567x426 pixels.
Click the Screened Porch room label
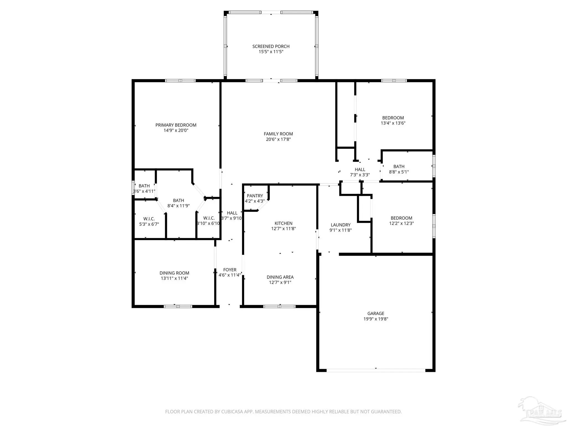tap(271, 46)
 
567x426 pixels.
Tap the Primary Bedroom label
tap(176, 125)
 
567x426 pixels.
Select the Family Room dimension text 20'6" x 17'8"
tap(278, 139)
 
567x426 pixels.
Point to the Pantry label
tap(255, 196)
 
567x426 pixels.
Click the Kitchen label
tap(283, 223)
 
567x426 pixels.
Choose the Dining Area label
tap(280, 277)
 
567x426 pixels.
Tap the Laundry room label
tap(341, 225)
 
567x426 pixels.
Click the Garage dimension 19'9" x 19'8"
tap(376, 319)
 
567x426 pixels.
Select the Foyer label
tap(230, 270)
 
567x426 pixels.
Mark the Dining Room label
tap(174, 273)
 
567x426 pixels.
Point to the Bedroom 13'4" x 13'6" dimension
tap(393, 123)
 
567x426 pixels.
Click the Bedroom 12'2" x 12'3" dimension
tap(401, 223)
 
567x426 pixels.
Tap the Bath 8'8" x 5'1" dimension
tap(399, 172)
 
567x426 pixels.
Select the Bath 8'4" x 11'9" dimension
tap(179, 206)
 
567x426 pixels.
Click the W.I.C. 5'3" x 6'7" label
tap(149, 219)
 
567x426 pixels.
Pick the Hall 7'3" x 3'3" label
tap(360, 169)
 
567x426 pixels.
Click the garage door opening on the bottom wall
tap(376, 370)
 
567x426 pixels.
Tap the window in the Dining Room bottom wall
tap(178, 306)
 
